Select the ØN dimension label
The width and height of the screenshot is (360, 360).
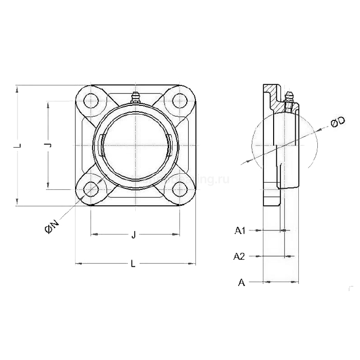52,227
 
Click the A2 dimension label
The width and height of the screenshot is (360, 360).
239,256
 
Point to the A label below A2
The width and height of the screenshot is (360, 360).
241,282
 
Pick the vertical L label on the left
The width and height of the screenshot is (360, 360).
18,146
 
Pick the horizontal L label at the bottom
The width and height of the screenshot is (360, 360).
133,264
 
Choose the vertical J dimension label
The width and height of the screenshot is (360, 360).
48,146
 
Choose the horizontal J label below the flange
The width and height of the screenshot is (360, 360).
134,235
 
